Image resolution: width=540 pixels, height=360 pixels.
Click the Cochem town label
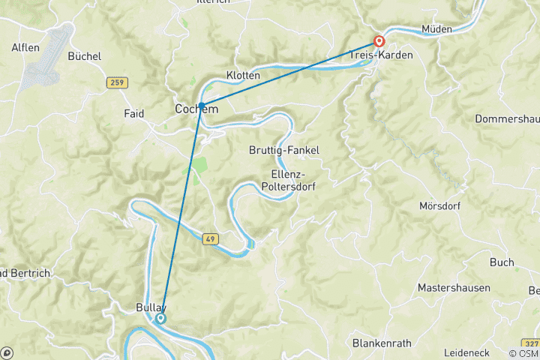pos(196,109)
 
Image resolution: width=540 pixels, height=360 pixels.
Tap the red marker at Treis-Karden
pos(380,42)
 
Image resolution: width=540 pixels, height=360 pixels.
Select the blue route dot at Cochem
pos(202,106)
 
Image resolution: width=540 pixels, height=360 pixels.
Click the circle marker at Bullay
pos(160,319)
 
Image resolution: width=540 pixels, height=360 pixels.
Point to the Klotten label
pos(243,76)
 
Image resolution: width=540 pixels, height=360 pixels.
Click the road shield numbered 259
pos(115,82)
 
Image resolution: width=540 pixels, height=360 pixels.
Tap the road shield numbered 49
pos(211,239)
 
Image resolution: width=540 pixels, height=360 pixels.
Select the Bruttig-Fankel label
pos(283,150)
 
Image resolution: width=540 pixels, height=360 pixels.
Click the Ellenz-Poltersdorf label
pos(283,181)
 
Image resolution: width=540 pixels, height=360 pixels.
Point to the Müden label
pos(437,29)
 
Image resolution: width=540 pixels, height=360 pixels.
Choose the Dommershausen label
pos(507,118)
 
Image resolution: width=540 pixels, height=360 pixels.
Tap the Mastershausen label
pos(454,287)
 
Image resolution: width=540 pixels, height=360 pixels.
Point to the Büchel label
pos(85,55)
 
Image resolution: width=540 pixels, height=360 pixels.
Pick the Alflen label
pos(25,47)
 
